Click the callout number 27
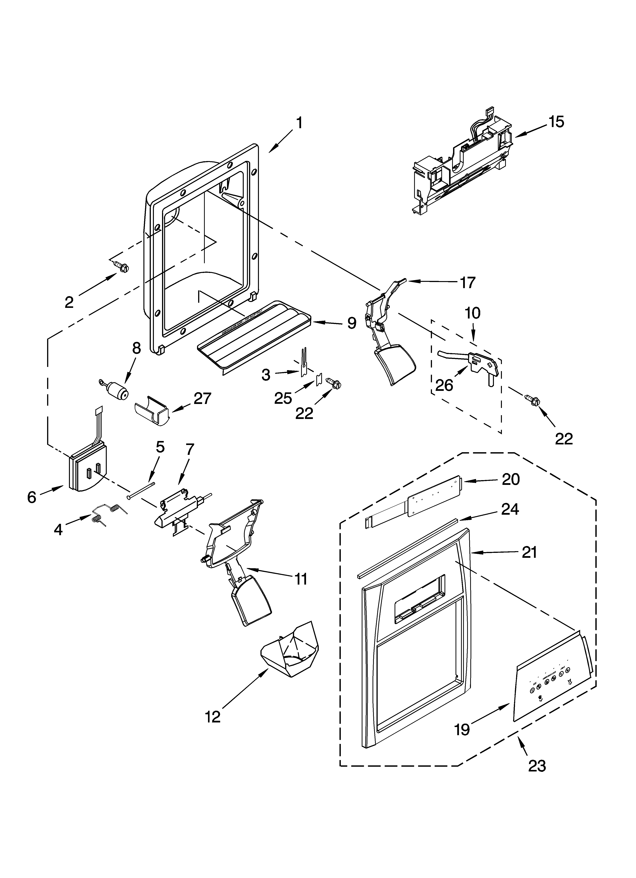[202, 398]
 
